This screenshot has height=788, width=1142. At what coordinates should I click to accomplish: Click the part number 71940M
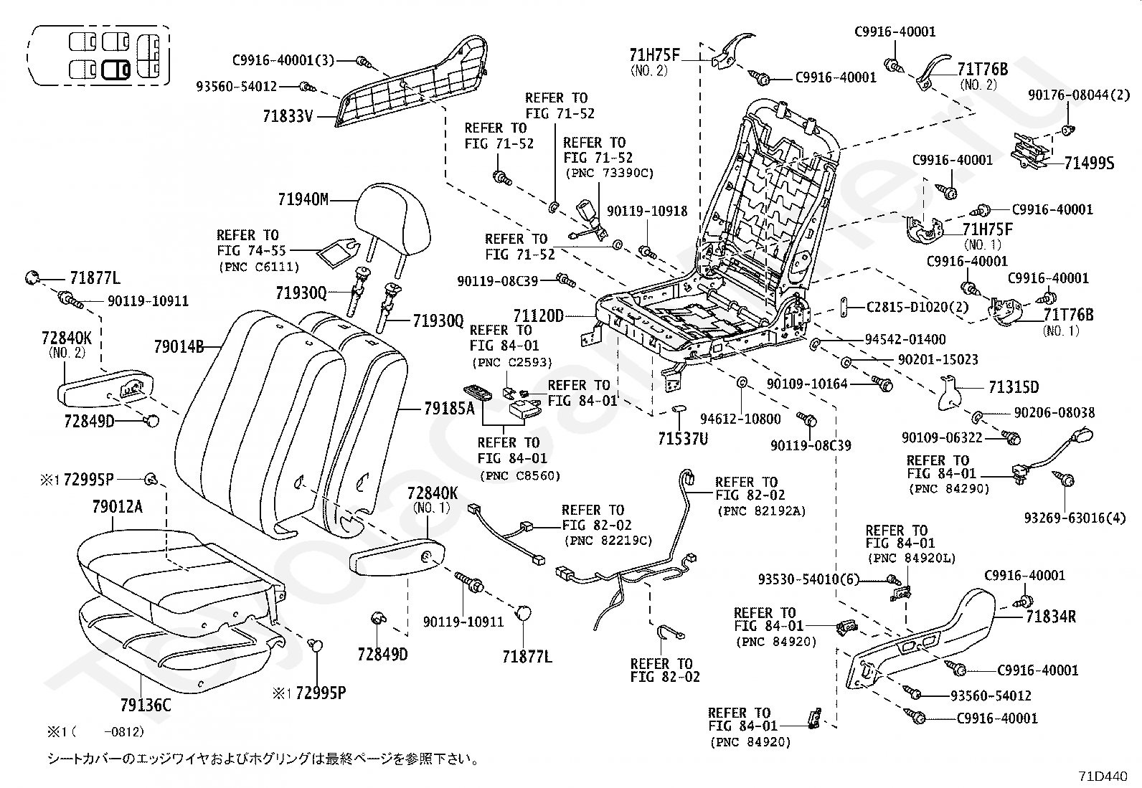pyautogui.click(x=303, y=199)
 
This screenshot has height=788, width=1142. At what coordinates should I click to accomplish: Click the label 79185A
pyautogui.click(x=449, y=409)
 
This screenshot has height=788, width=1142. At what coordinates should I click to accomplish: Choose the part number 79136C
pyautogui.click(x=146, y=706)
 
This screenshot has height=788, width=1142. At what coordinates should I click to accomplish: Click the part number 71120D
pyautogui.click(x=538, y=315)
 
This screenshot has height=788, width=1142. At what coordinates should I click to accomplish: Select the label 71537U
pyautogui.click(x=683, y=437)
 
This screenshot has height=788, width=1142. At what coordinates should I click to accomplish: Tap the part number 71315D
pyautogui.click(x=1012, y=388)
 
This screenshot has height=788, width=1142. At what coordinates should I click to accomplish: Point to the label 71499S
pyautogui.click(x=1089, y=164)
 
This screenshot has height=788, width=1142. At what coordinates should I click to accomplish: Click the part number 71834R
pyautogui.click(x=1050, y=616)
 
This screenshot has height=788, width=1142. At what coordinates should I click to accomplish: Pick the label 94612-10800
pyautogui.click(x=740, y=419)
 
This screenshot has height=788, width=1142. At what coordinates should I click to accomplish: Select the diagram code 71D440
pyautogui.click(x=1103, y=776)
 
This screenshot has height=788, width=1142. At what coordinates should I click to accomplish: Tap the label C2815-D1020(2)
pyautogui.click(x=917, y=307)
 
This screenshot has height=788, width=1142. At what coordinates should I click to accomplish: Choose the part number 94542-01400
pyautogui.click(x=905, y=339)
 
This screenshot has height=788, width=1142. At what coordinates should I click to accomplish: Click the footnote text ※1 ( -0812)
pyautogui.click(x=96, y=732)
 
